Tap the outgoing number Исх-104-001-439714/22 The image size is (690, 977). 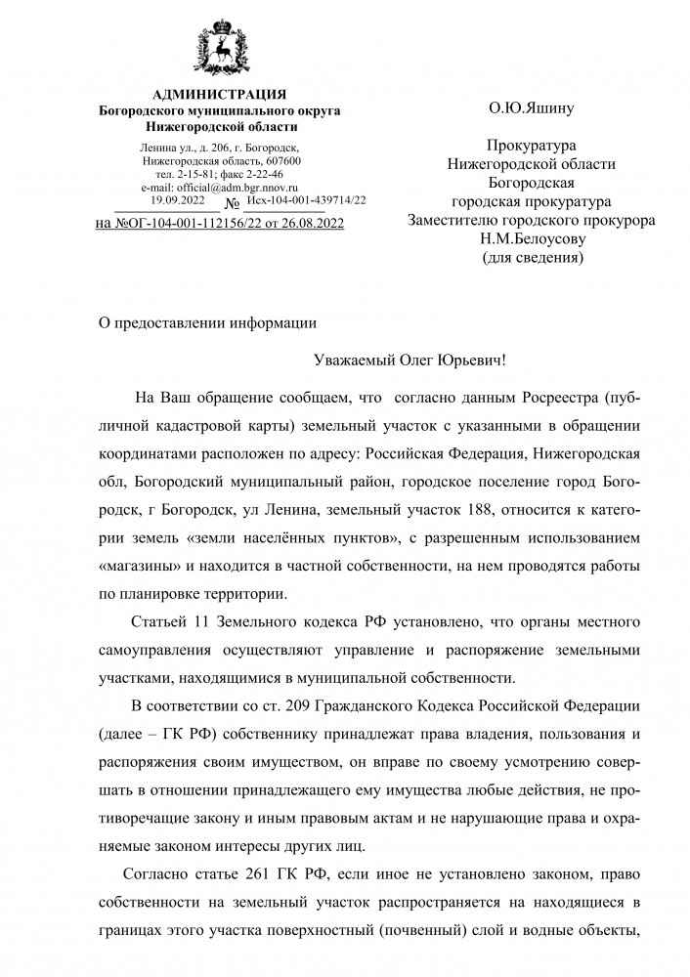[x=307, y=199]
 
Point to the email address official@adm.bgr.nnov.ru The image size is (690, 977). [x=220, y=187]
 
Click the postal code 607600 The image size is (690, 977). [x=280, y=160]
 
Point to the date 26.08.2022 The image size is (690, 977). [x=309, y=223]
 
